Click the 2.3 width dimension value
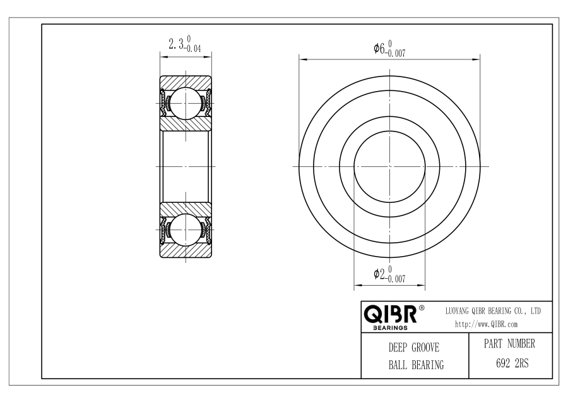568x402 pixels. pyautogui.click(x=177, y=44)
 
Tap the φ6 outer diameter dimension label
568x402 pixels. pyautogui.click(x=379, y=48)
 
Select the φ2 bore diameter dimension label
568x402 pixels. pyautogui.click(x=379, y=274)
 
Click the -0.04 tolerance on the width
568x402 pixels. pyautogui.click(x=194, y=49)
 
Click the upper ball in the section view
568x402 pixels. pyautogui.click(x=186, y=104)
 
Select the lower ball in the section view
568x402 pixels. pyautogui.click(x=186, y=229)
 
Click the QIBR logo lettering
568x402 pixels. pyautogui.click(x=390, y=314)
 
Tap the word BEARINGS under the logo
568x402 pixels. pyautogui.click(x=390, y=328)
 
